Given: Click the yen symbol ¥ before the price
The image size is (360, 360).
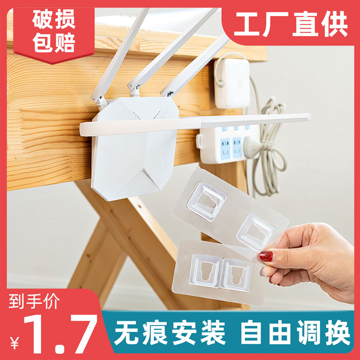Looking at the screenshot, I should (14, 343).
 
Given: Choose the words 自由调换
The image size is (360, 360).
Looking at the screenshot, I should (295, 333).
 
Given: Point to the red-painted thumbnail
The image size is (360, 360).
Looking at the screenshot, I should (266, 256).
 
